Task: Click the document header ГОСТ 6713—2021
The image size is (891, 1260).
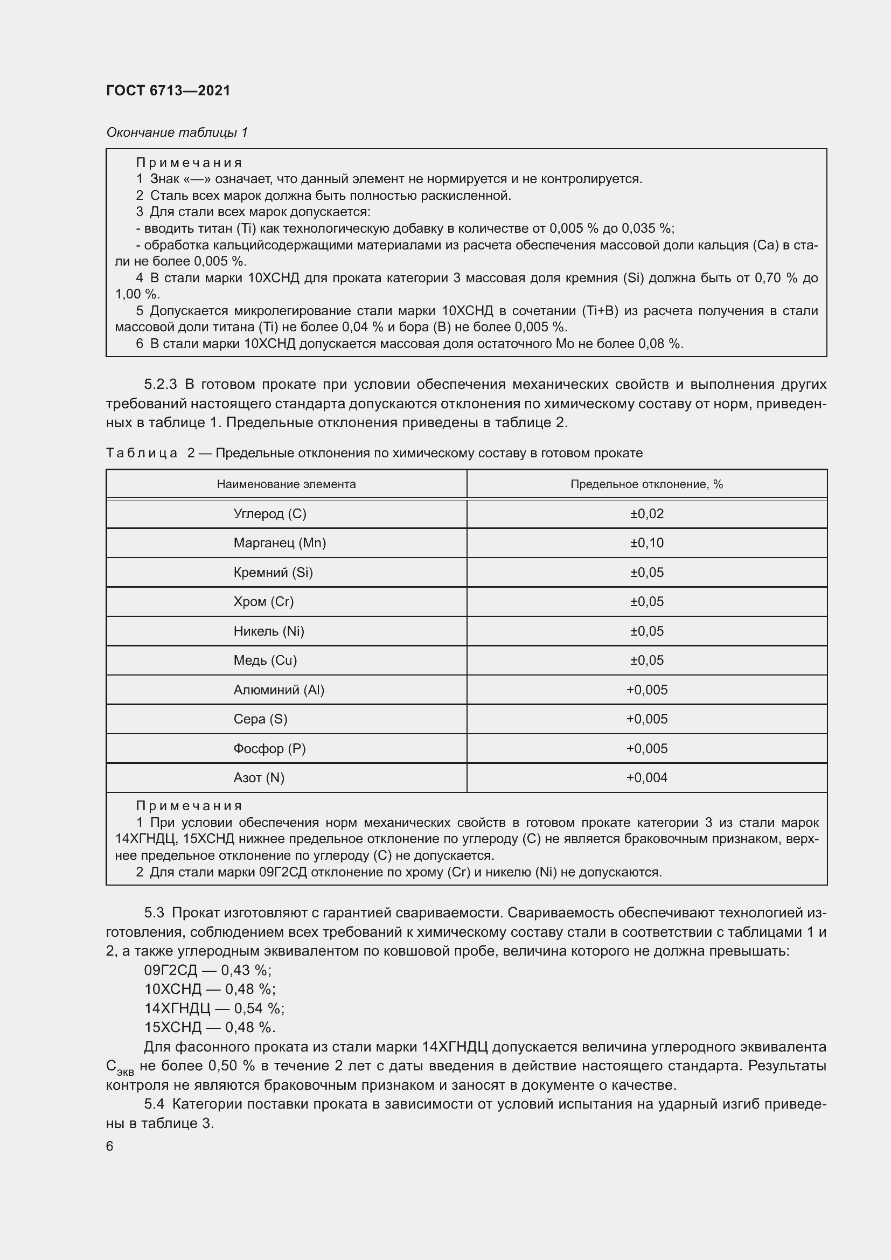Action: point(168,91)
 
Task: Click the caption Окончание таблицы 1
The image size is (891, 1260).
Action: point(177,133)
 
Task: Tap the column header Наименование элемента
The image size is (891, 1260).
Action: point(286,484)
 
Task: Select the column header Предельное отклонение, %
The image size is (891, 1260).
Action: point(646,484)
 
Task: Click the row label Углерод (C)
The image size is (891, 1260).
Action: point(269,514)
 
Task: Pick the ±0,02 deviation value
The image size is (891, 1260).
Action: point(646,514)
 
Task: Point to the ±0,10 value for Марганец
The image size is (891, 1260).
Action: point(646,543)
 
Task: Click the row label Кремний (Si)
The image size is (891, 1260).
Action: point(273,573)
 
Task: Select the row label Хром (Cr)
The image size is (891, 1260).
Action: point(263,602)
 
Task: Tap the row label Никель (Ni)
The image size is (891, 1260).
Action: point(268,631)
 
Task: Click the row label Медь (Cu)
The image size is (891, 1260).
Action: point(265,660)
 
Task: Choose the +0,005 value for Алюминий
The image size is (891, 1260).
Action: point(646,690)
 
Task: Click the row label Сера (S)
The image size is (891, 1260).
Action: point(260,719)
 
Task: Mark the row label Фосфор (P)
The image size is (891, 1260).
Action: point(269,749)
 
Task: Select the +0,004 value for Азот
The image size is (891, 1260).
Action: point(646,778)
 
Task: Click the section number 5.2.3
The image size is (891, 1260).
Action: point(160,384)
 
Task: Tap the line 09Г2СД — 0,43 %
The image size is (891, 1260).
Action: point(207,970)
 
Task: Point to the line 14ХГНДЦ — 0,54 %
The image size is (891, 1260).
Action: point(214,1008)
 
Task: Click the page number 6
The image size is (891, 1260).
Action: point(110,1146)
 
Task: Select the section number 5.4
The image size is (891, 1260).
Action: point(154,1104)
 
